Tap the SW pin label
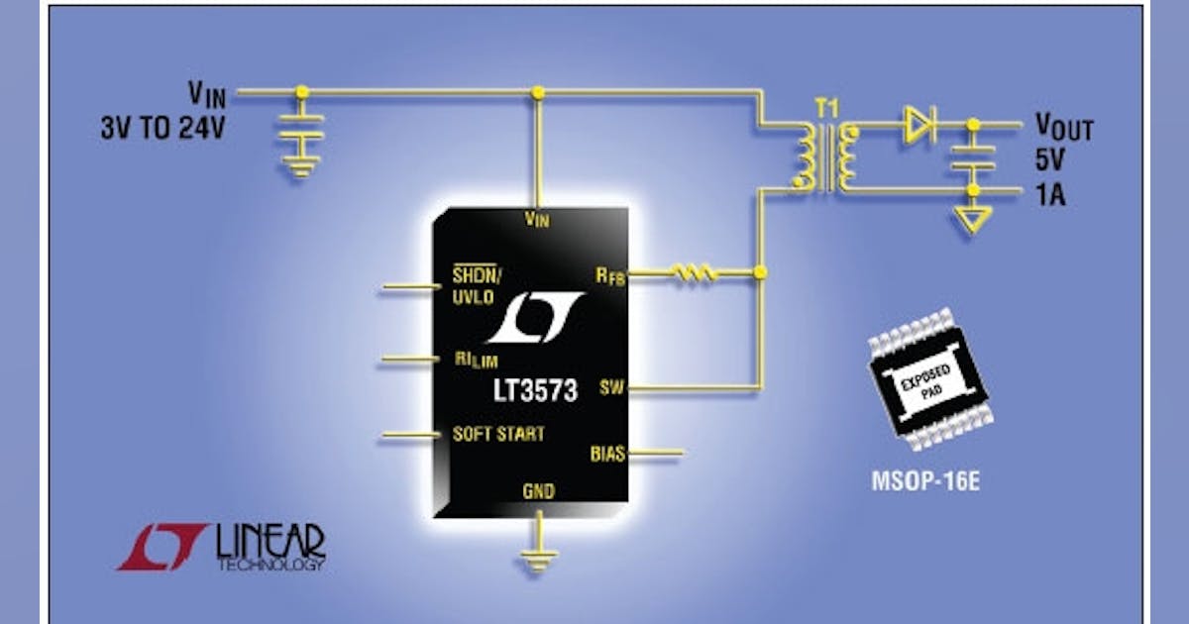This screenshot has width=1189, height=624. coord(611,388)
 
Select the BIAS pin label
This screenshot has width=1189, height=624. coord(607,454)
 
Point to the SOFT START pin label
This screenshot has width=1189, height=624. coord(497,434)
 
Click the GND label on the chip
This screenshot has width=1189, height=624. coord(538,491)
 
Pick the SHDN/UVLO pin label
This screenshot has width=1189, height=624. coord(478,285)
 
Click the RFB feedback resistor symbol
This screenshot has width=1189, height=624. coord(692,272)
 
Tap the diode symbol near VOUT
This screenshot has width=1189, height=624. coord(918,125)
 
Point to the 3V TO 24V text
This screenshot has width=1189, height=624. coord(162,129)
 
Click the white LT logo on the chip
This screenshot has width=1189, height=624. coord(535,318)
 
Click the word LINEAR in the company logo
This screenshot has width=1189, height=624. coord(269,540)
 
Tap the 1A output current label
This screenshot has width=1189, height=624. coord(1052,194)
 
